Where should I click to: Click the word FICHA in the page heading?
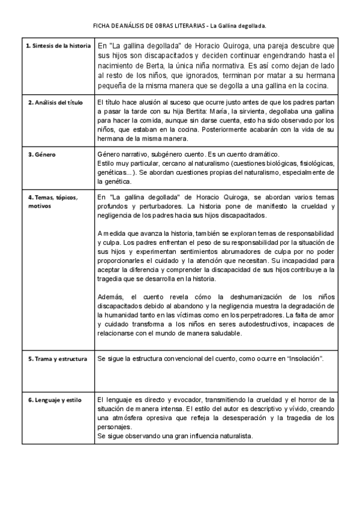(x=101, y=26)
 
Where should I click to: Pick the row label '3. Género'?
(x=42, y=155)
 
